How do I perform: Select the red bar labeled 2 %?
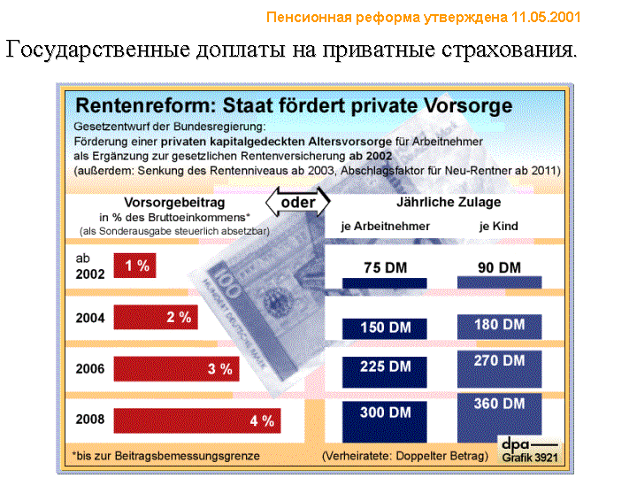pos(156,317)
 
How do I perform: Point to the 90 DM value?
pos(500,267)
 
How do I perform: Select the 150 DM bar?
pos(386,328)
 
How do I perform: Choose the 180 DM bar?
pos(500,326)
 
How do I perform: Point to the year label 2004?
pos(90,317)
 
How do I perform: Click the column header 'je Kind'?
pos(499,227)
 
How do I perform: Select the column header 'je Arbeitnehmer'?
pos(386,227)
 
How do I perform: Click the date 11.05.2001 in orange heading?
pos(547,18)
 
